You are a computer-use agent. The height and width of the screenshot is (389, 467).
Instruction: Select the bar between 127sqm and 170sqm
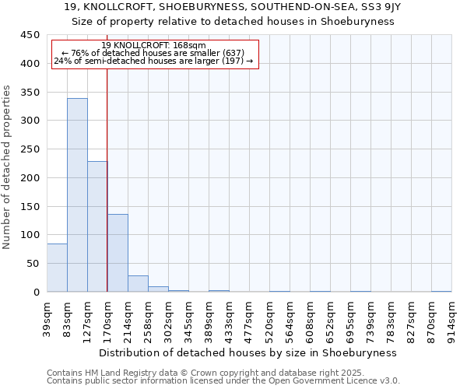97,226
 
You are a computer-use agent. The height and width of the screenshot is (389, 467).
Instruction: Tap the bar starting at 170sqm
118,253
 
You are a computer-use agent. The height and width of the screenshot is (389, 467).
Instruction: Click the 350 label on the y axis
29,92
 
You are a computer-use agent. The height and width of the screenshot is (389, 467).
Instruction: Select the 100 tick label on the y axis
29,235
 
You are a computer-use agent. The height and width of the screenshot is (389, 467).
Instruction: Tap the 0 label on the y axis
36,292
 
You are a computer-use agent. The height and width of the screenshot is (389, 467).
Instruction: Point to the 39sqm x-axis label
47,317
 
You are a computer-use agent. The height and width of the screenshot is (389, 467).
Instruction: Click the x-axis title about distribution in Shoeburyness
249,352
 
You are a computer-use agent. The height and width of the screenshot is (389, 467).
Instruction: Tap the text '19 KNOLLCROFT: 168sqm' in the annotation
153,46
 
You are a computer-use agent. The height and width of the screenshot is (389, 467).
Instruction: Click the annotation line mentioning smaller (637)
153,53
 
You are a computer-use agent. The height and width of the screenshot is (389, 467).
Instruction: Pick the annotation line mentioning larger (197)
153,61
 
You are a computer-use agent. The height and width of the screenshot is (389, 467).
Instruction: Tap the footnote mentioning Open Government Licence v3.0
223,381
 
